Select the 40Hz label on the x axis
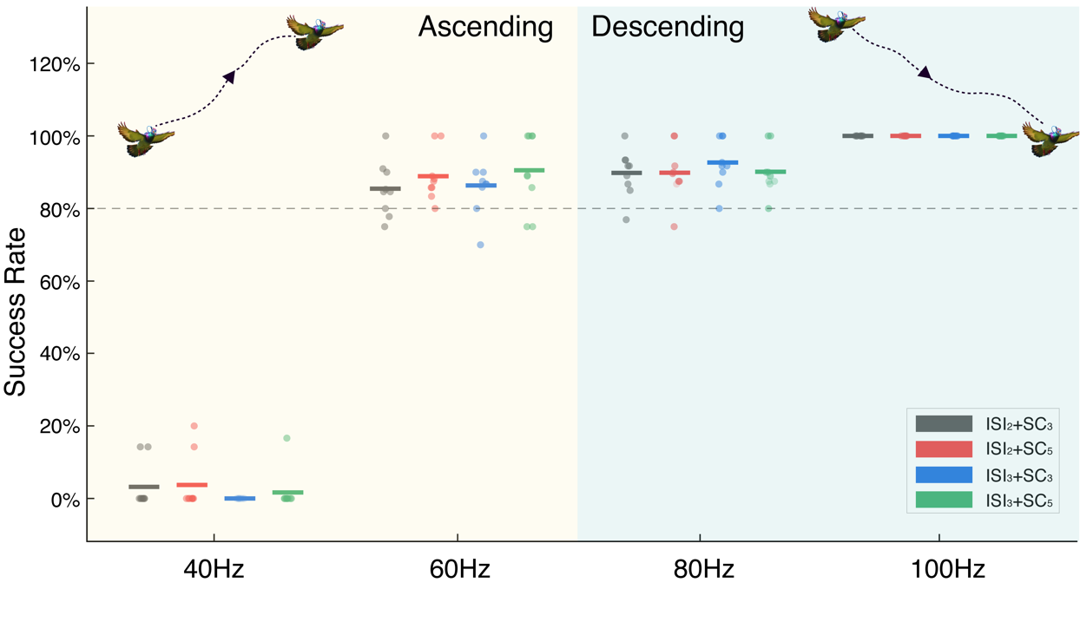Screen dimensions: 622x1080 [x=214, y=570]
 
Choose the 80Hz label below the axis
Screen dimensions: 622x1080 [x=704, y=570]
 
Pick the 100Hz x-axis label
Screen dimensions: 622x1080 [x=948, y=570]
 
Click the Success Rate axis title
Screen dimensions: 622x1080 [x=16, y=311]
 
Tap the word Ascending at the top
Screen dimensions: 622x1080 [x=485, y=27]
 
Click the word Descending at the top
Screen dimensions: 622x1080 [x=668, y=27]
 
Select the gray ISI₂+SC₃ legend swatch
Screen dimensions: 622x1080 [x=944, y=423]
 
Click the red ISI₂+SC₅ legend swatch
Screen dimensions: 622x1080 [x=944, y=448]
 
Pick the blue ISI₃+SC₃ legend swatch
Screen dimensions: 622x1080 [x=944, y=475]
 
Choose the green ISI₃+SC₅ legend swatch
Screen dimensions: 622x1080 [x=944, y=500]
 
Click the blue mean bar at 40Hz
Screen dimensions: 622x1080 [x=240, y=499]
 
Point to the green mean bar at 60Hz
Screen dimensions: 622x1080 [x=530, y=170]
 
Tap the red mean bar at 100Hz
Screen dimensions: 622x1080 [x=905, y=136]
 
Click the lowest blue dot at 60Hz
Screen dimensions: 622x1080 [x=480, y=245]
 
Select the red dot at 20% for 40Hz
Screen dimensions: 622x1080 [x=194, y=426]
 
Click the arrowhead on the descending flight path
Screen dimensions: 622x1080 [x=925, y=74]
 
